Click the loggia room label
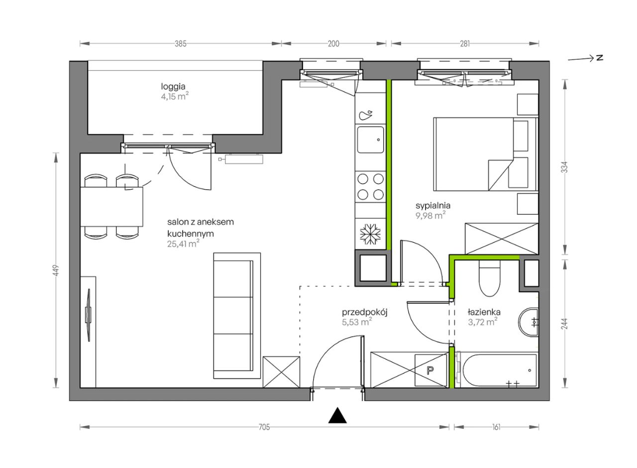173,87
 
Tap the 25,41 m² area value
183,244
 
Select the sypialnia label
433,206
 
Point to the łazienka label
484,312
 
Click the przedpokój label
365,312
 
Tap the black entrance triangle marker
337,415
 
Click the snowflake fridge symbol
370,234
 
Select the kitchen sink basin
370,140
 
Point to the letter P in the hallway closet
430,370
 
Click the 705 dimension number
264,427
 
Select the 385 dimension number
181,44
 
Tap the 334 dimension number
565,167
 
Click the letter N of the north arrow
600,58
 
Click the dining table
111,207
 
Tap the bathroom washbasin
529,322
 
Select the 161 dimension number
496,427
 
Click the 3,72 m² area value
483,322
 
